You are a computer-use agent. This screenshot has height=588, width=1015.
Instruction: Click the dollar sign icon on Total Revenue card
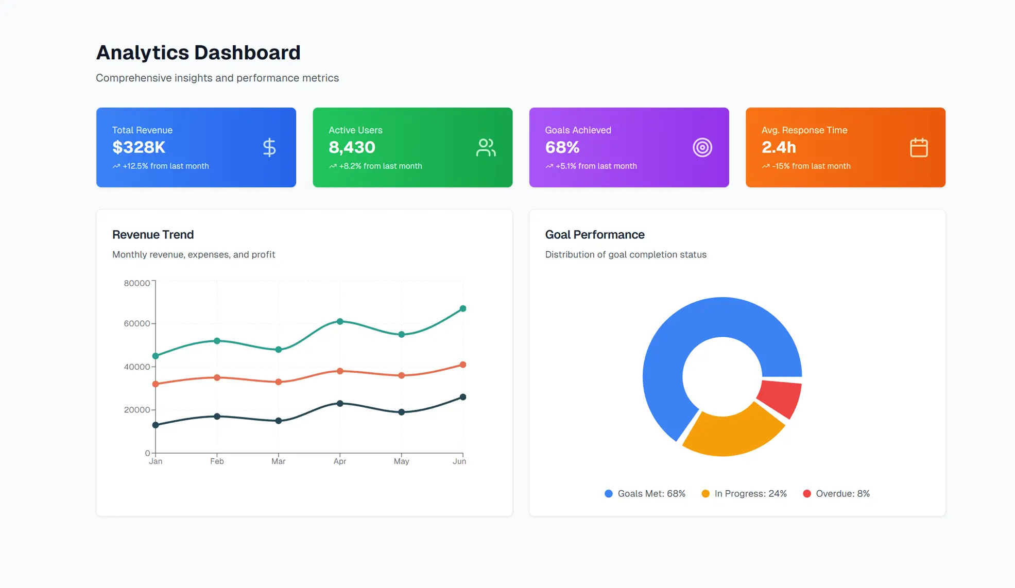269,148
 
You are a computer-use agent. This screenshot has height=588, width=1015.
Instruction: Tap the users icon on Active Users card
486,148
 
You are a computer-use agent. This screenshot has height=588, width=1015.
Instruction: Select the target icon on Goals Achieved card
702,148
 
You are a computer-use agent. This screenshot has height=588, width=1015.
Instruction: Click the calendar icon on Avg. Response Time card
918,148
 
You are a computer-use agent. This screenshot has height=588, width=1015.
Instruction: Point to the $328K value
139,147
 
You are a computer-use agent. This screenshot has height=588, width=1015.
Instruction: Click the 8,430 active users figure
352,147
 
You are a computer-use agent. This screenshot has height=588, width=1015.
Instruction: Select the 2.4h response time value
779,147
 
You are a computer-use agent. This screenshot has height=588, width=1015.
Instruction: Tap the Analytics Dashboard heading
198,53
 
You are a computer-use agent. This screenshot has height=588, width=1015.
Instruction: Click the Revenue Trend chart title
153,235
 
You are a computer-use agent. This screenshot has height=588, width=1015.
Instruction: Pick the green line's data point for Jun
462,308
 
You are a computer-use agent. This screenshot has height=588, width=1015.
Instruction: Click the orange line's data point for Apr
340,371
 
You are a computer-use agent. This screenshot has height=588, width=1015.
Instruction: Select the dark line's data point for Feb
217,416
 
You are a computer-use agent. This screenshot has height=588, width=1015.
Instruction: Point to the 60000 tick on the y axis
137,323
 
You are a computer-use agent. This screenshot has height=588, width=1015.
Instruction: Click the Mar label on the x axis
278,461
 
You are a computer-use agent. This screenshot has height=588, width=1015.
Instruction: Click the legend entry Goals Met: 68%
645,494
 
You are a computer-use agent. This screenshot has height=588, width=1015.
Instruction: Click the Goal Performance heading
594,235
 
